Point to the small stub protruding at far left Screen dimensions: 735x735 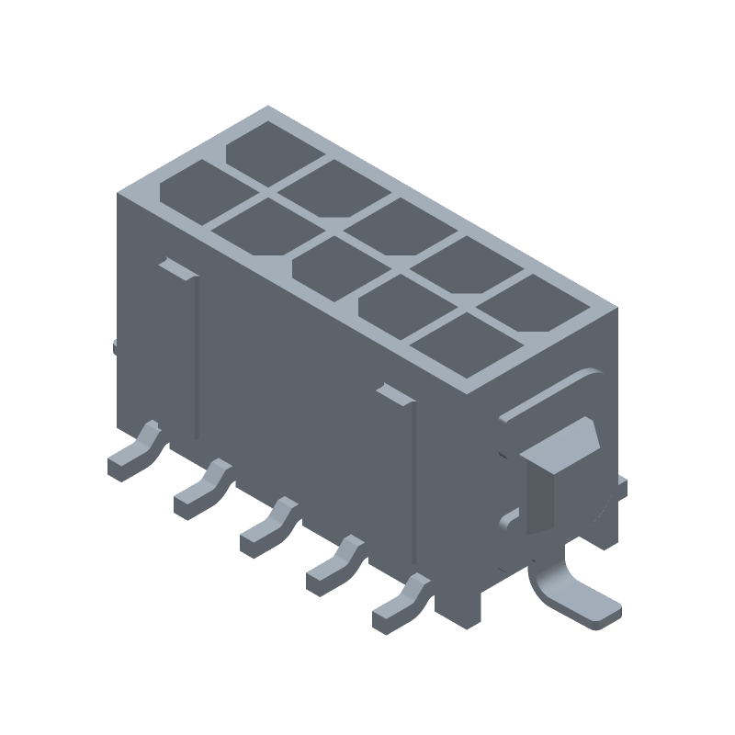pos(115,347)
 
